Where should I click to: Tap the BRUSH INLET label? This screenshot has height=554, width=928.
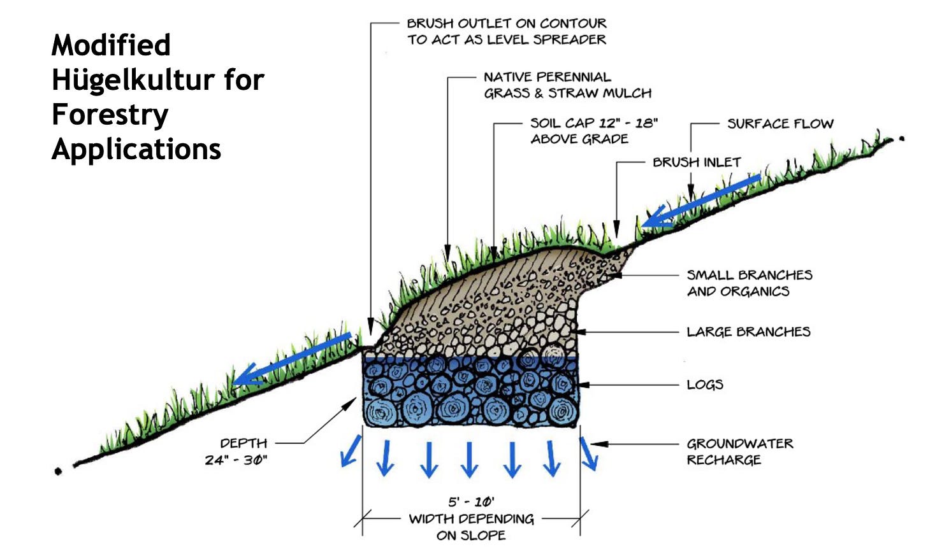point(697,162)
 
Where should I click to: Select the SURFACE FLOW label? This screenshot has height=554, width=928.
point(781,124)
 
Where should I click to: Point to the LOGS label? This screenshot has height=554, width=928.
point(705,385)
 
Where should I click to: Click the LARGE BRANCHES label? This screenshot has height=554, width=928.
point(749,332)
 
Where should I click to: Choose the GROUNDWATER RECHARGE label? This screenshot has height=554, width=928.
point(740,451)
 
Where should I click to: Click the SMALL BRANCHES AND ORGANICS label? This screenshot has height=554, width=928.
point(750,283)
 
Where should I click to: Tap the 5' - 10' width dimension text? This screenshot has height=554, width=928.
point(472,502)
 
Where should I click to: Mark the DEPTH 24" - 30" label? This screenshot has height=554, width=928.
point(236,451)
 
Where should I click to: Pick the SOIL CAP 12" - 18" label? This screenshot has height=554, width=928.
point(594,131)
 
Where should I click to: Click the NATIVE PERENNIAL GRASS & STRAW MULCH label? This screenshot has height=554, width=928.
point(567,85)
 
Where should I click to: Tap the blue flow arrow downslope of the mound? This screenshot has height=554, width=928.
point(292,359)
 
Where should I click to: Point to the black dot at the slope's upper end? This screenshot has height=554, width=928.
point(902,139)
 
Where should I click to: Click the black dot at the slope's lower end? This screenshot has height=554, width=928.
point(58,471)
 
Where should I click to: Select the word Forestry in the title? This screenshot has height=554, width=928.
point(110,114)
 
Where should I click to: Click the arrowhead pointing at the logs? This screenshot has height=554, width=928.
point(584,385)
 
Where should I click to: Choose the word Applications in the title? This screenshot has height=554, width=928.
point(136,149)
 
